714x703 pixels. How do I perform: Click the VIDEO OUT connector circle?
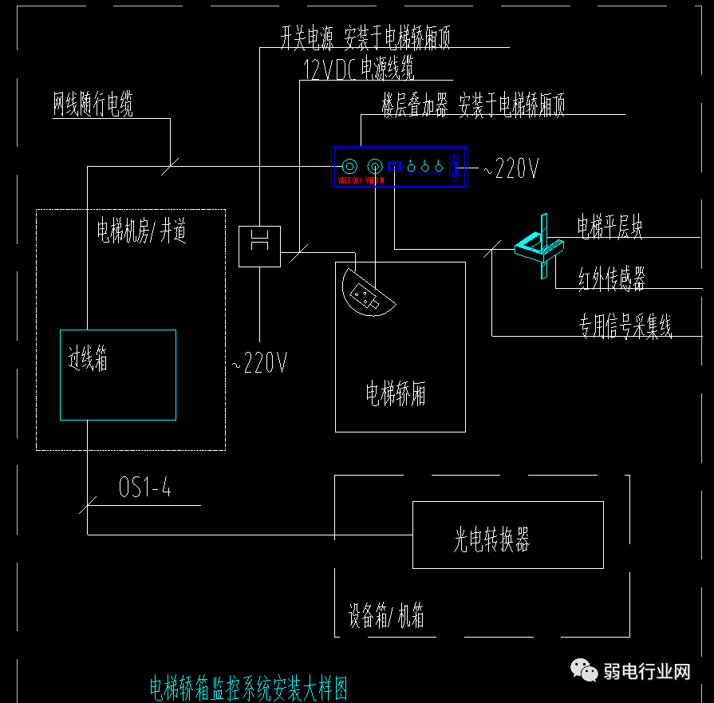click(x=349, y=167)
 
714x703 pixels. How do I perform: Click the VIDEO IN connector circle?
click(x=375, y=167)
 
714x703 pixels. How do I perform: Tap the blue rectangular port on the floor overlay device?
click(x=394, y=168)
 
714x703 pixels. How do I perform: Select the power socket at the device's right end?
click(x=455, y=168)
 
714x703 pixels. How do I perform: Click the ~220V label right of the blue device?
click(x=511, y=168)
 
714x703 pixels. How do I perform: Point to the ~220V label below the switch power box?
click(x=259, y=364)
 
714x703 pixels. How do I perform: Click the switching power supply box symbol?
click(x=259, y=246)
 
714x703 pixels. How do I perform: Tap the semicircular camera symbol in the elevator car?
click(x=366, y=293)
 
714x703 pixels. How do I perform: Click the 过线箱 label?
click(x=88, y=360)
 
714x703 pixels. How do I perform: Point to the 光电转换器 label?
click(x=491, y=540)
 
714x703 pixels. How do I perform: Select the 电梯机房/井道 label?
click(x=142, y=231)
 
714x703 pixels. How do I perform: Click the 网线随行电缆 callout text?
click(x=93, y=105)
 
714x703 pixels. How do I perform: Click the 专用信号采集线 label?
click(x=625, y=326)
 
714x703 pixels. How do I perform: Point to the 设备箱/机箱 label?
click(x=386, y=616)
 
